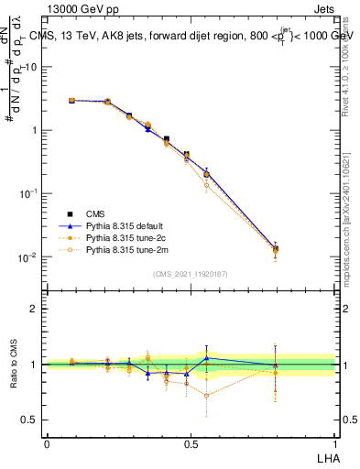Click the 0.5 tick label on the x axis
click(191, 443)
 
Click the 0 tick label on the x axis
click(47, 443)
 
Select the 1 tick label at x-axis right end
click(334, 443)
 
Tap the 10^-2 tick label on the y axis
click(28, 257)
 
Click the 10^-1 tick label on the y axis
click(28, 193)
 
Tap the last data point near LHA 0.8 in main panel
click(275, 248)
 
